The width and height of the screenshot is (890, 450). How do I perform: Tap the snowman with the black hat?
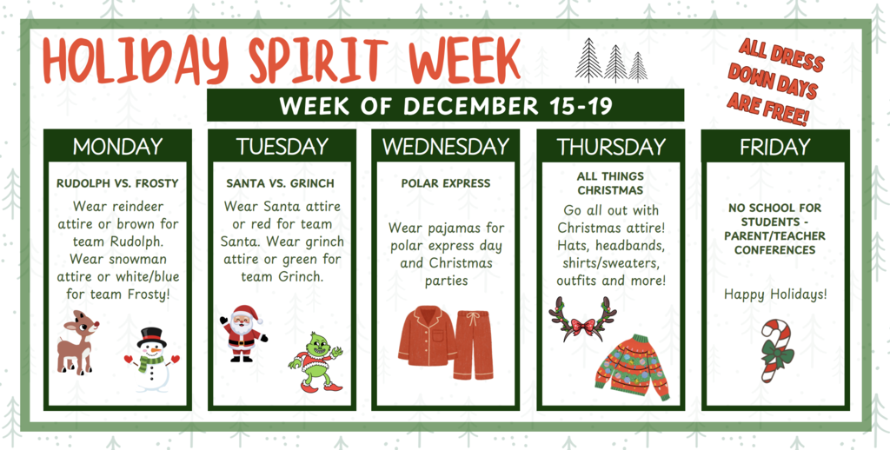point(152,357)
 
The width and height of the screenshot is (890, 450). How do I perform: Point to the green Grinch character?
point(315,361)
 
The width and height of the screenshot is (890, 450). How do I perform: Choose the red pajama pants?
point(473,344)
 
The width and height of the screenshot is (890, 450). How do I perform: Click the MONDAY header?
point(117,147)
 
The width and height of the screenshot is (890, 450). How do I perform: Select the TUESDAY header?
point(282,147)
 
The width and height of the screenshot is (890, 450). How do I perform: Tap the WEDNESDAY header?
point(445,147)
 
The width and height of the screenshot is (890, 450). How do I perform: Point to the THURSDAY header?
point(611,147)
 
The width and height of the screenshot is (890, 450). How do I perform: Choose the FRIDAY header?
point(774,147)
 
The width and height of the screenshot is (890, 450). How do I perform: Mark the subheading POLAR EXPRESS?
point(445,183)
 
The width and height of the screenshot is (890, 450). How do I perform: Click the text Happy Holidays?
point(775,294)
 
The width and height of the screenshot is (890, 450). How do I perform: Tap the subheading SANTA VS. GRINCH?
point(280,183)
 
